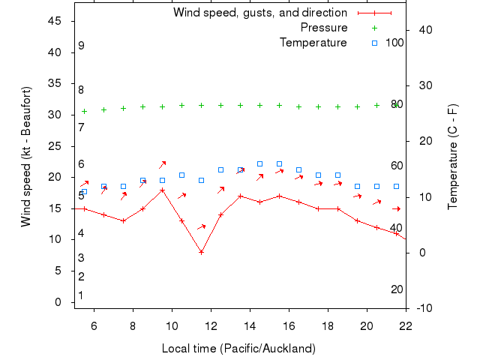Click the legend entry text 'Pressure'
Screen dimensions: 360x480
(324, 28)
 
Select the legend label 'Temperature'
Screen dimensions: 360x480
(313, 43)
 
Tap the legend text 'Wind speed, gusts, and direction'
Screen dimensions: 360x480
(260, 13)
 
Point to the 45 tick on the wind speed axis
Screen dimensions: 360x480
(55, 21)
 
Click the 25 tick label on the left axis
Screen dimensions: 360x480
(55, 146)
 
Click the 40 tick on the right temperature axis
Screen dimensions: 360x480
(427, 30)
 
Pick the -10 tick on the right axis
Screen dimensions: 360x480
(424, 308)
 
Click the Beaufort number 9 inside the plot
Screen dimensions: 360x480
(81, 46)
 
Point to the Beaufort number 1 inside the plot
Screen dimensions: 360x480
(81, 295)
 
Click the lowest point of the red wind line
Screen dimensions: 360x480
(201, 252)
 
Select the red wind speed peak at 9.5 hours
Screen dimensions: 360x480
(162, 190)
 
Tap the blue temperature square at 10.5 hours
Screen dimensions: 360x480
(181, 175)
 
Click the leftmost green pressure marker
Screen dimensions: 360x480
(84, 111)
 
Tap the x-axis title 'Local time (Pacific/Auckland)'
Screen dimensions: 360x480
(238, 349)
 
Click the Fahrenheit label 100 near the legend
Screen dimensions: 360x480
(394, 43)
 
